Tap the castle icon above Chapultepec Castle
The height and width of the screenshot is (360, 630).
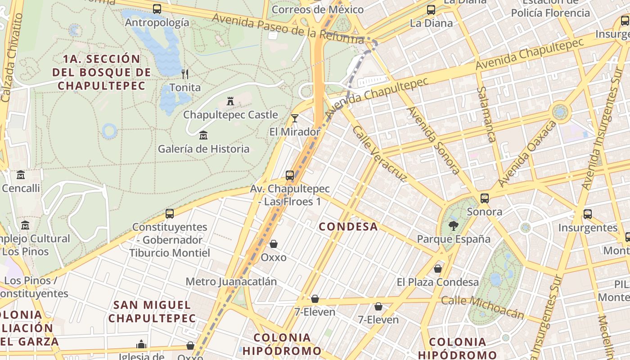pos(230,101)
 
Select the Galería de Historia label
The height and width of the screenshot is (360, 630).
pos(203,148)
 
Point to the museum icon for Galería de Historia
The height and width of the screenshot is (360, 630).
pos(203,135)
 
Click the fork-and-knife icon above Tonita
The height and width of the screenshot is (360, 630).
pos(184,74)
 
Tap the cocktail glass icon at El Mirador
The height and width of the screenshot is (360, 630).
pos(295,118)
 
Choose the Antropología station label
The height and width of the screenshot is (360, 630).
pos(157,22)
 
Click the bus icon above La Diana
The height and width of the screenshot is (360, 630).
pos(431,9)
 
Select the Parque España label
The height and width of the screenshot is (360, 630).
pos(454,239)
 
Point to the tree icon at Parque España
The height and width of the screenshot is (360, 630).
pos(454,225)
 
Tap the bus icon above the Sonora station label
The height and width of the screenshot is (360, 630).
pos(485,198)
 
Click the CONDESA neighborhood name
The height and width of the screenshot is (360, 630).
pos(348,226)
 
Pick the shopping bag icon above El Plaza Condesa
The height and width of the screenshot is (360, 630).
pos(438,269)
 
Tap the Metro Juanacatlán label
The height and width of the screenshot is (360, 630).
pos(231,282)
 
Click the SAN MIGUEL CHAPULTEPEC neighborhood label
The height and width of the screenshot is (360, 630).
pos(152,311)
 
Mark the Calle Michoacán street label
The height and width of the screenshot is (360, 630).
pos(483,307)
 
